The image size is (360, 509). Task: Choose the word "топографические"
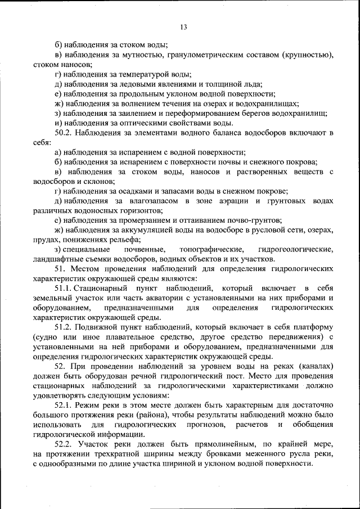point(211,249)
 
